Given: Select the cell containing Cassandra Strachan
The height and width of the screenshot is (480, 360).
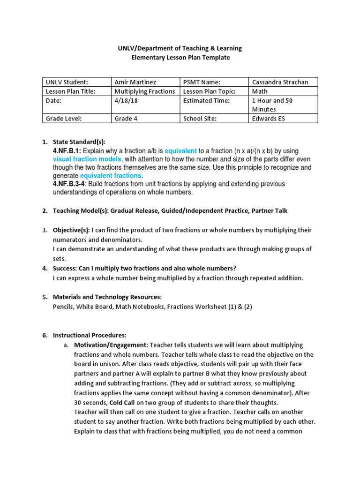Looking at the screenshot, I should pos(280,82).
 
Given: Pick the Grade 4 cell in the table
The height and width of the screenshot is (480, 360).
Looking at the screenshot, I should pos(126,119).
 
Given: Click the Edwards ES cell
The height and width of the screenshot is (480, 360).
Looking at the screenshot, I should pos(269,119).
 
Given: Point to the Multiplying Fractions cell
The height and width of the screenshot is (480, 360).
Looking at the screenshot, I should pos(145,91).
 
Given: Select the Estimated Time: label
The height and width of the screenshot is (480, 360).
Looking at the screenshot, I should pos(206,100).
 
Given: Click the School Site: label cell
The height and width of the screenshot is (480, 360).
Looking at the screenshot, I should pos(200,119).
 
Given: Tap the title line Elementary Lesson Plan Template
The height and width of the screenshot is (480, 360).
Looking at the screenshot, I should pos(180,58).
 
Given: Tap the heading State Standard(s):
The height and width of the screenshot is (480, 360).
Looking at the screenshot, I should pos(79,142).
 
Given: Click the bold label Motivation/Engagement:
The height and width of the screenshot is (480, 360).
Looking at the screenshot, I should pos(111,345).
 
